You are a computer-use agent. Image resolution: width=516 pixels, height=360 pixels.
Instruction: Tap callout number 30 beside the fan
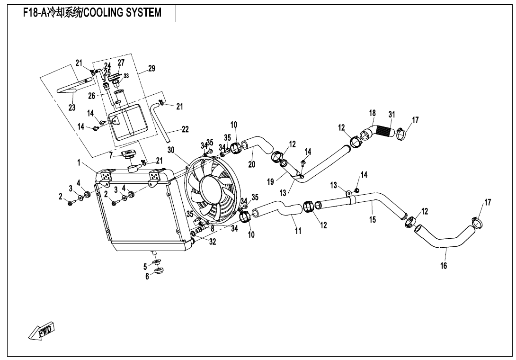[x=171, y=150]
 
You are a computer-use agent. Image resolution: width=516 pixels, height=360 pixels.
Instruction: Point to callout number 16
[x=444, y=266]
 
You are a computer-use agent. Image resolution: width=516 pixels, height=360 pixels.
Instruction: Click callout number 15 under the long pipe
[x=373, y=219]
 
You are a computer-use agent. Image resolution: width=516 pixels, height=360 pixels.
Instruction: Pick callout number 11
[x=298, y=231]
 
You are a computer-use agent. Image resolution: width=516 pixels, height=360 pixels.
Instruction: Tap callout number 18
[x=373, y=113]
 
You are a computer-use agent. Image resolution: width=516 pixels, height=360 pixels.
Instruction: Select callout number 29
[x=151, y=69]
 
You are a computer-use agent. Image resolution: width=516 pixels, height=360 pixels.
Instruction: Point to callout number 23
[x=72, y=108]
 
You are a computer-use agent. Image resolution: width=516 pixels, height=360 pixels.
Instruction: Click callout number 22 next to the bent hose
[x=185, y=129]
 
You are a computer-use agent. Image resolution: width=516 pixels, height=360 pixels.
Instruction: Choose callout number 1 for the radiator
[x=79, y=162]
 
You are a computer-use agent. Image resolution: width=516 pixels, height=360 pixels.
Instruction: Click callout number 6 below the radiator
[x=147, y=277]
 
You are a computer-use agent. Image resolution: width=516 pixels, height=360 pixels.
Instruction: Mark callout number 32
[x=213, y=241]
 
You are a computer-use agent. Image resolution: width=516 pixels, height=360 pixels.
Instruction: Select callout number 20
[x=251, y=163]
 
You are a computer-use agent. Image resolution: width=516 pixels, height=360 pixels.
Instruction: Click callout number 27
[x=121, y=63]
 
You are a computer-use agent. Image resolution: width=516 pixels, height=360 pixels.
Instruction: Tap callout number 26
[x=92, y=95]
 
